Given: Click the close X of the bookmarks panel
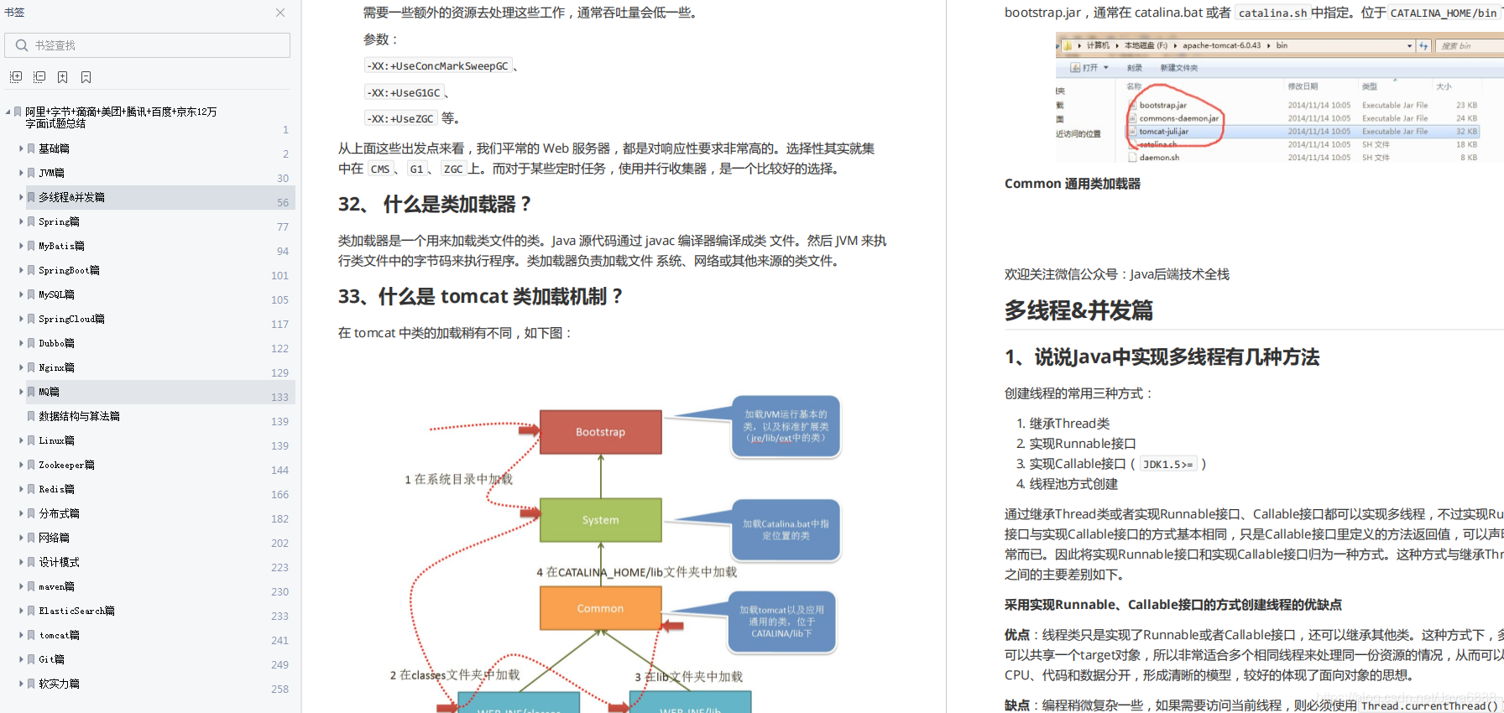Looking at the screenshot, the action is (280, 13).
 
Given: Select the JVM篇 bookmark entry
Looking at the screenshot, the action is (51, 173).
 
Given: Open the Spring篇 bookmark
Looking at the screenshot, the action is (59, 221).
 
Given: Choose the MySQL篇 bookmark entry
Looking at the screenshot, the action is (56, 294).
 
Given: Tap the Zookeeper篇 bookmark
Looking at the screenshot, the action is (66, 465).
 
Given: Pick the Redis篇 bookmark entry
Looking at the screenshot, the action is (56, 489).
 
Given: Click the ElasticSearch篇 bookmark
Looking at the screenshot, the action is (76, 611).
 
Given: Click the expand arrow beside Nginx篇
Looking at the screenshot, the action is (21, 367).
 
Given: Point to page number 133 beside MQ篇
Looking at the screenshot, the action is (279, 397).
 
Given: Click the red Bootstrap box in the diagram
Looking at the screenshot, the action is (600, 432).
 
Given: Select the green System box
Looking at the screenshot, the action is (600, 520).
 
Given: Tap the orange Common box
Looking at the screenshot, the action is (600, 608).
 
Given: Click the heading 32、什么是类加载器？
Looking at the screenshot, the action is (435, 204).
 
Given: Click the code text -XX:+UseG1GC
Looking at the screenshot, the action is (404, 92).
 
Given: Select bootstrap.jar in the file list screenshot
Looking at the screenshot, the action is (1162, 105).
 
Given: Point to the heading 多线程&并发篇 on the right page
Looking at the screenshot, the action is (1078, 310).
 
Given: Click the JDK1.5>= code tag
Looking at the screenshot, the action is (1167, 464).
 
